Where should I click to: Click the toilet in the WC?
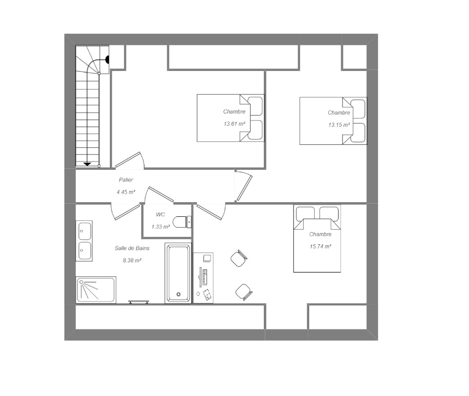click(x=182, y=222)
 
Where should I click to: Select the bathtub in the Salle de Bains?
click(x=178, y=273)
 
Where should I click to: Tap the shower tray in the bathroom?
click(x=96, y=290)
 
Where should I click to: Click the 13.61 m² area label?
click(x=234, y=123)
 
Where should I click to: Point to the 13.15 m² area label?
click(x=339, y=125)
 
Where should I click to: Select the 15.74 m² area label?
click(x=320, y=246)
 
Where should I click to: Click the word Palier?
click(x=126, y=180)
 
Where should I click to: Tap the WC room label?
click(x=160, y=214)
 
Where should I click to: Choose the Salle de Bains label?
click(x=132, y=248)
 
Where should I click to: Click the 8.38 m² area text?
click(x=132, y=260)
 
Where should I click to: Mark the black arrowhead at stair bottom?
click(x=87, y=164)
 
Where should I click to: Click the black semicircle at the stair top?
click(x=107, y=60)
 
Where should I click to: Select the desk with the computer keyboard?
click(x=203, y=278)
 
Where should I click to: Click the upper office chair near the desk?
click(x=239, y=258)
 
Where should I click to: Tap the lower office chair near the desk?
click(x=244, y=292)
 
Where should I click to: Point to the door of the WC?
click(x=161, y=194)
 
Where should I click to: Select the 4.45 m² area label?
click(x=126, y=192)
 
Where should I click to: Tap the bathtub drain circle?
click(x=179, y=294)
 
